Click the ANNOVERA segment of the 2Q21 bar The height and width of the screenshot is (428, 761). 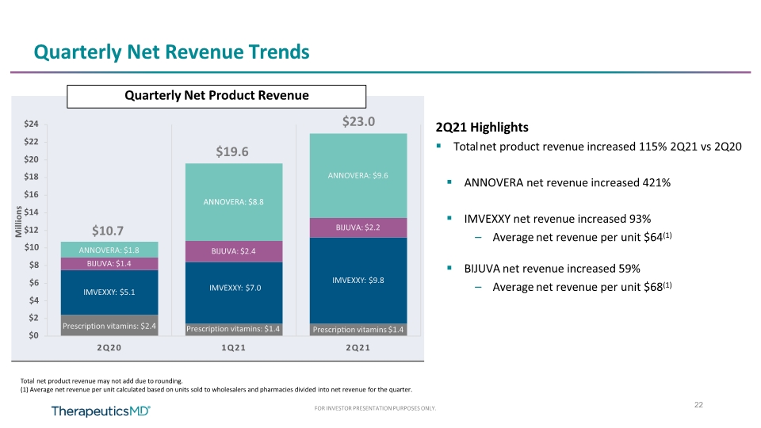pos(358,176)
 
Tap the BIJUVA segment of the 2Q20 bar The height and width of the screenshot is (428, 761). pos(109,263)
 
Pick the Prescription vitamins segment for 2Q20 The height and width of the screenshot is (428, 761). pos(109,325)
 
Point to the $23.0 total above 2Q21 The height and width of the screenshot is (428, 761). pos(358,121)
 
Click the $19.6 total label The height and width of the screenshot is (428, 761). pos(232,152)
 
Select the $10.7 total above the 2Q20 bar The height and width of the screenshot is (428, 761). pos(108,231)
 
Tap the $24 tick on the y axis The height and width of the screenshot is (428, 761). pos(31,124)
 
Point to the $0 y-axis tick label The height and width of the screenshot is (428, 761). pos(33,335)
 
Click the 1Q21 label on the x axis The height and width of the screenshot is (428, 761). pos(233,347)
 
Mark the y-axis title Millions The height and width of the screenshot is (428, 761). pos(18,222)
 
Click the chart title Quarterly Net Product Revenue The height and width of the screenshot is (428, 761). pos(216,96)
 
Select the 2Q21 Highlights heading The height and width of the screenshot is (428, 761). pos(482,127)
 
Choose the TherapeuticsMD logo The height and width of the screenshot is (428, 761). pos(101,411)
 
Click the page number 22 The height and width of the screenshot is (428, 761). pos(698,405)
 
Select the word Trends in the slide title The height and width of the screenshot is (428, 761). pos(278,52)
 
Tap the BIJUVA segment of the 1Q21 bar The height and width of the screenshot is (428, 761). pos(234,251)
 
